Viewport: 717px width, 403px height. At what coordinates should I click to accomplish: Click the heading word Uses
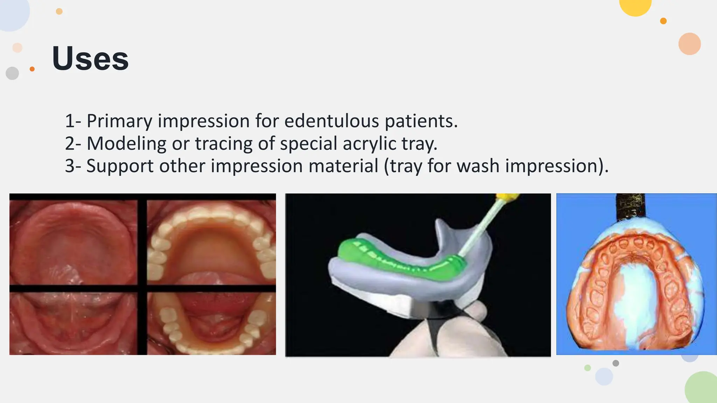coord(90,58)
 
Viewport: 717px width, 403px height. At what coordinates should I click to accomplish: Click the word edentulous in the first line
coord(332,121)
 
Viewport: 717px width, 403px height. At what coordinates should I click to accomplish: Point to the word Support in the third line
coord(119,166)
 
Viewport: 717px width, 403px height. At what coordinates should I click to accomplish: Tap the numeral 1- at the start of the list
coord(73,121)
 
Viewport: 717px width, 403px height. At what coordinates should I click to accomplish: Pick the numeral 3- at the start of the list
coord(73,166)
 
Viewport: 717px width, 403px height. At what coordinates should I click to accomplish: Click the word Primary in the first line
coord(119,121)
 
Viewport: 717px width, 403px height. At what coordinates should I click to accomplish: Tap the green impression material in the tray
coord(392,257)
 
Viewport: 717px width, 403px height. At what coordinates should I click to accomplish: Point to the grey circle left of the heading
coord(12,73)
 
